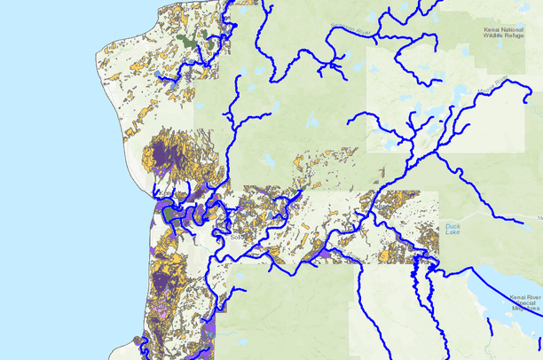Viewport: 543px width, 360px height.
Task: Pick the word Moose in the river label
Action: click(x=482, y=87)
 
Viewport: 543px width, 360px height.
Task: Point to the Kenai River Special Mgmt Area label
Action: click(x=523, y=300)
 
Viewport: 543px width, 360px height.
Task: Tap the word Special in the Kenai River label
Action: click(x=525, y=299)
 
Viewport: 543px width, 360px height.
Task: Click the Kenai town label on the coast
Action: click(x=162, y=193)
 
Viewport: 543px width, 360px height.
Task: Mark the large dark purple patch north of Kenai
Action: click(x=168, y=154)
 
